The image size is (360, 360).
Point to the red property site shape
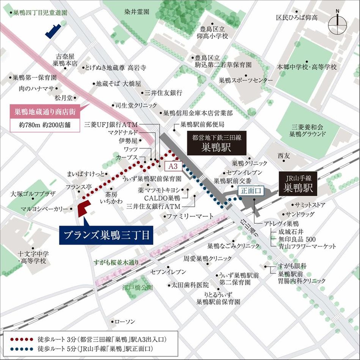[x=83, y=208]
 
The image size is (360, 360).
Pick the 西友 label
[x=283, y=156]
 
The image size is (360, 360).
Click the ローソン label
[x=125, y=322]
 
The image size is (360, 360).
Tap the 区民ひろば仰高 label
[x=297, y=17]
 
